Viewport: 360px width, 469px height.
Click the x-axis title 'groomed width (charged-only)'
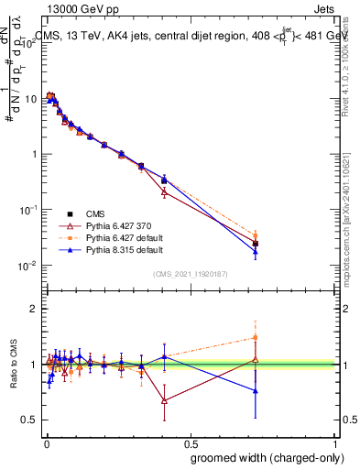coord(259,457)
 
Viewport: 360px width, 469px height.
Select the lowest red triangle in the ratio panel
coord(164,400)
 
